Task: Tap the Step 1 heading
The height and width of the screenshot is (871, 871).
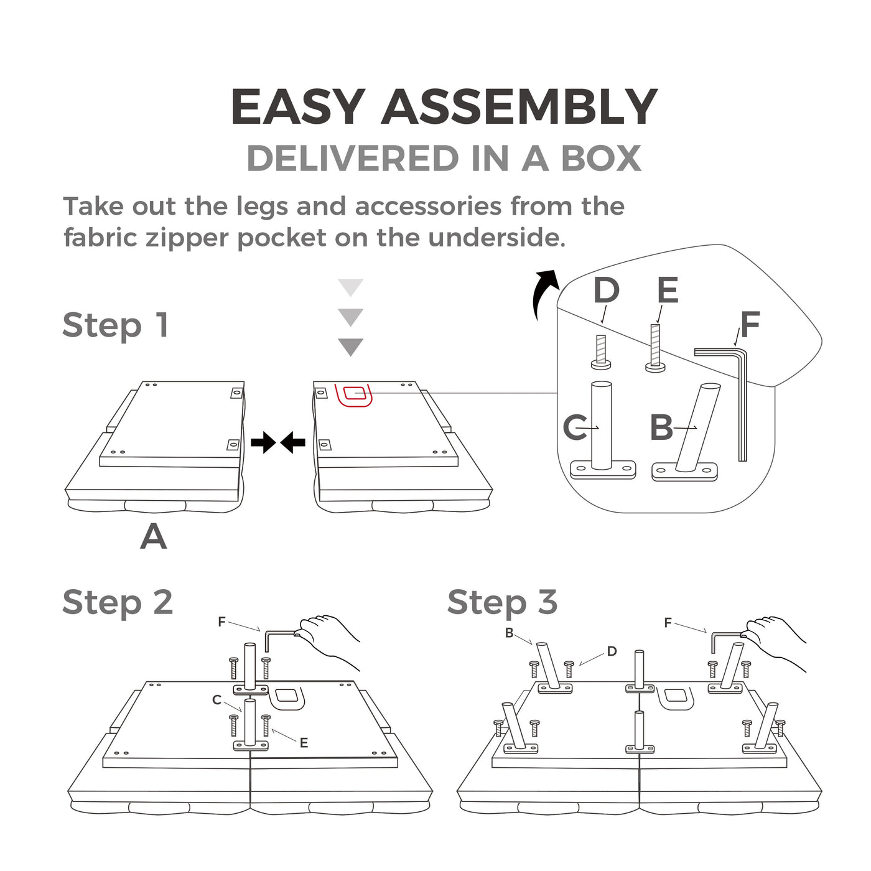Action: point(116,325)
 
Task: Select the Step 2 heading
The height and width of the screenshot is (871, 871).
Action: point(118,602)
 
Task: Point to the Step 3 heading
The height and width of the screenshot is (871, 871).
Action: point(502,602)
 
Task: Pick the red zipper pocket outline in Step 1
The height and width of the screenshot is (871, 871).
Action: point(353,395)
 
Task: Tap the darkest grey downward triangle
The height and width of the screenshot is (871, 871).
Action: point(351,347)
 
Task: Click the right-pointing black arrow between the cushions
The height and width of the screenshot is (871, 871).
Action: point(263,442)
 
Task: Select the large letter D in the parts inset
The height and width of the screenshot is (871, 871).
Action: point(606,291)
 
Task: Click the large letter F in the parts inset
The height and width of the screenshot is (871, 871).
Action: point(750,324)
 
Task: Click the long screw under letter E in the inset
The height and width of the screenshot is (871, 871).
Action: point(655,348)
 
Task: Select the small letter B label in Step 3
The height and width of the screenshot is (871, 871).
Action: point(509,633)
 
